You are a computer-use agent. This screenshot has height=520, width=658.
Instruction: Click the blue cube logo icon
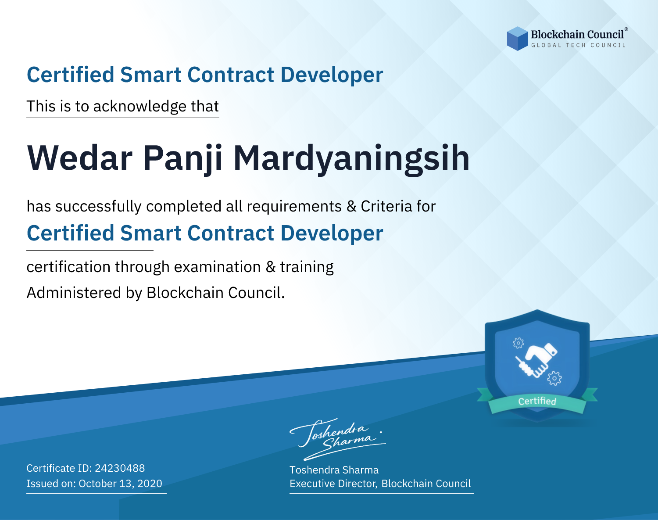(517, 39)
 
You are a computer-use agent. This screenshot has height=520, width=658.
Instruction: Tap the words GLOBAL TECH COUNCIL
(579, 45)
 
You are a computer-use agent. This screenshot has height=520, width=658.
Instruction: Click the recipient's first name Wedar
(80, 158)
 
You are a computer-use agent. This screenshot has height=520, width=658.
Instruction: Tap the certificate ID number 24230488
(120, 468)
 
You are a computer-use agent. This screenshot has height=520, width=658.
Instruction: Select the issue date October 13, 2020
(120, 483)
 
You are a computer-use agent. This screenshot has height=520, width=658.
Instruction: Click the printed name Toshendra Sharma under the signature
(334, 470)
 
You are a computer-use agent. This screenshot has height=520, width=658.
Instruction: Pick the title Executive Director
(333, 484)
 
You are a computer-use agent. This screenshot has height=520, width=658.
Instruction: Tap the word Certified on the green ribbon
(537, 401)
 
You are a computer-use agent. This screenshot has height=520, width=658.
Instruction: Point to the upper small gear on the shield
(518, 343)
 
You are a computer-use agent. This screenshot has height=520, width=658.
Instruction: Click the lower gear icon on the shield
(554, 378)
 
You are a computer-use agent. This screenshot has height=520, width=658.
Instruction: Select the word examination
(218, 267)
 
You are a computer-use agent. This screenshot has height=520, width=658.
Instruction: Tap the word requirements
(294, 206)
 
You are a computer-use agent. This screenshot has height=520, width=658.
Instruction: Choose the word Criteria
(386, 206)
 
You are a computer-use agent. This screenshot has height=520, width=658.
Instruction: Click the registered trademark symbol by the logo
(626, 29)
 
